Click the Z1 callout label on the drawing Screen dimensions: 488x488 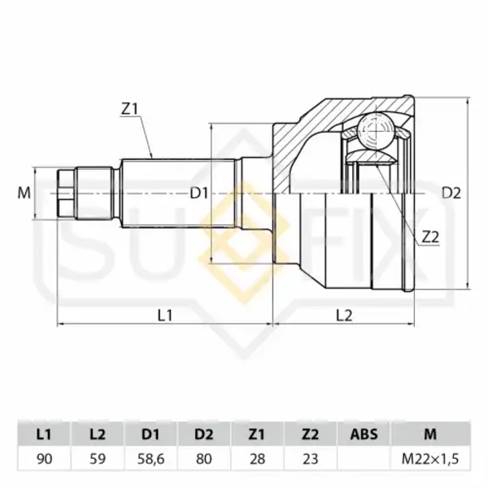129,109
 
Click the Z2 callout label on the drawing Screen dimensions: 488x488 430,237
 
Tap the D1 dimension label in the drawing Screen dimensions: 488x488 199,194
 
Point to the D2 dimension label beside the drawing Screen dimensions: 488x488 451,194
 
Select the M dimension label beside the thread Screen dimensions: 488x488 24,193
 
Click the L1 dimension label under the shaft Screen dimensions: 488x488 165,316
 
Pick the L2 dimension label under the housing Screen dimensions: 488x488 344,316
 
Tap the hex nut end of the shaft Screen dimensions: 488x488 67,194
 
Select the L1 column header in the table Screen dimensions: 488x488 44,434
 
